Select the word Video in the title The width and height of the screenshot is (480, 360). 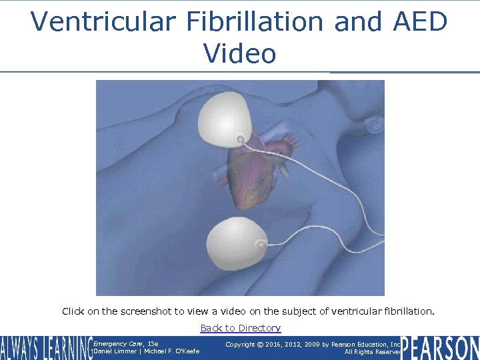(239, 53)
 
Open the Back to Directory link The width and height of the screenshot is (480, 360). (240, 328)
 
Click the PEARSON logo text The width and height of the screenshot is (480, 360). (440, 348)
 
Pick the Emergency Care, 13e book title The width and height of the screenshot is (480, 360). (126, 344)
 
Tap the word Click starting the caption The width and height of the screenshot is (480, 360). (73, 311)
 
